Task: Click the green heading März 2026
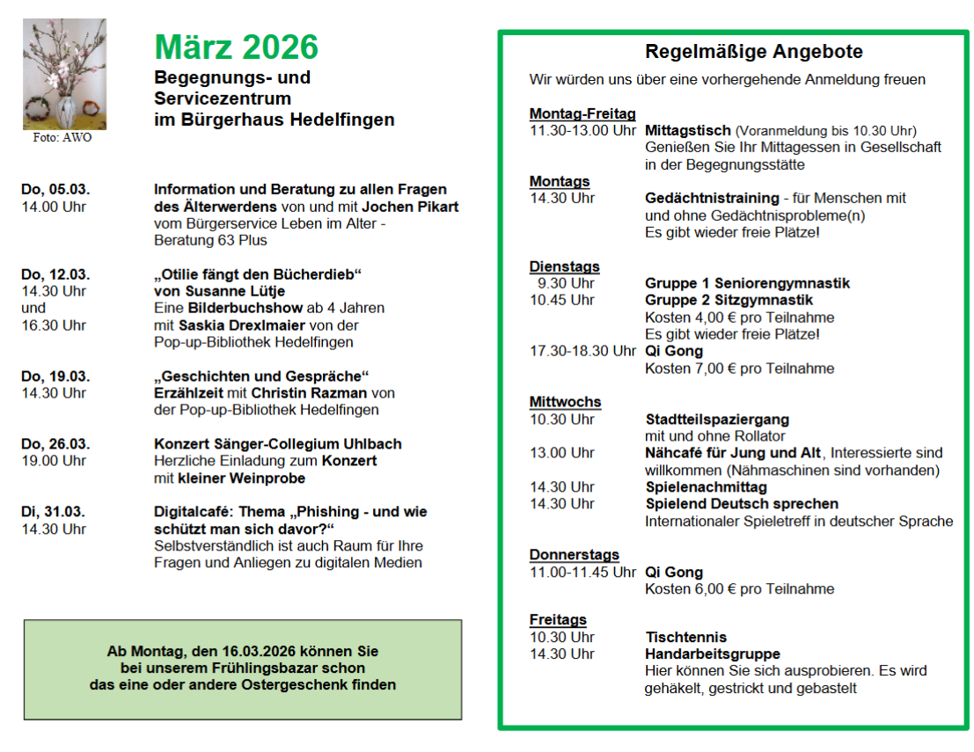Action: (236, 47)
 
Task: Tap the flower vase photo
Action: (64, 74)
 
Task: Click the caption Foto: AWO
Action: (63, 137)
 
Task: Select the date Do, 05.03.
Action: (55, 189)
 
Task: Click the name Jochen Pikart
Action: (410, 207)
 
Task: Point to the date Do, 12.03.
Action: (55, 274)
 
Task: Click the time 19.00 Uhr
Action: (54, 461)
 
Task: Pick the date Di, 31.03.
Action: (54, 512)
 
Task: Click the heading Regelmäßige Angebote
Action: (754, 52)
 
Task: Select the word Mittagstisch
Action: (687, 130)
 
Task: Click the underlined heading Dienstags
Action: (564, 266)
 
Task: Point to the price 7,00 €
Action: (690, 369)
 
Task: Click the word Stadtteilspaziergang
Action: (717, 419)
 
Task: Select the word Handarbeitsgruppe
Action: (713, 653)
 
